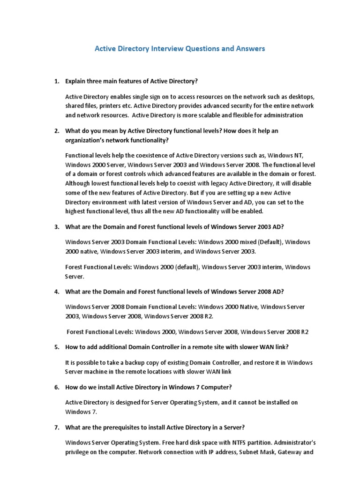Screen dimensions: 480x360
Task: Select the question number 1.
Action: click(56, 81)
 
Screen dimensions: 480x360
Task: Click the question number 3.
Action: click(56, 227)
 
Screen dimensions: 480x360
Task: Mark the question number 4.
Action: click(56, 292)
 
